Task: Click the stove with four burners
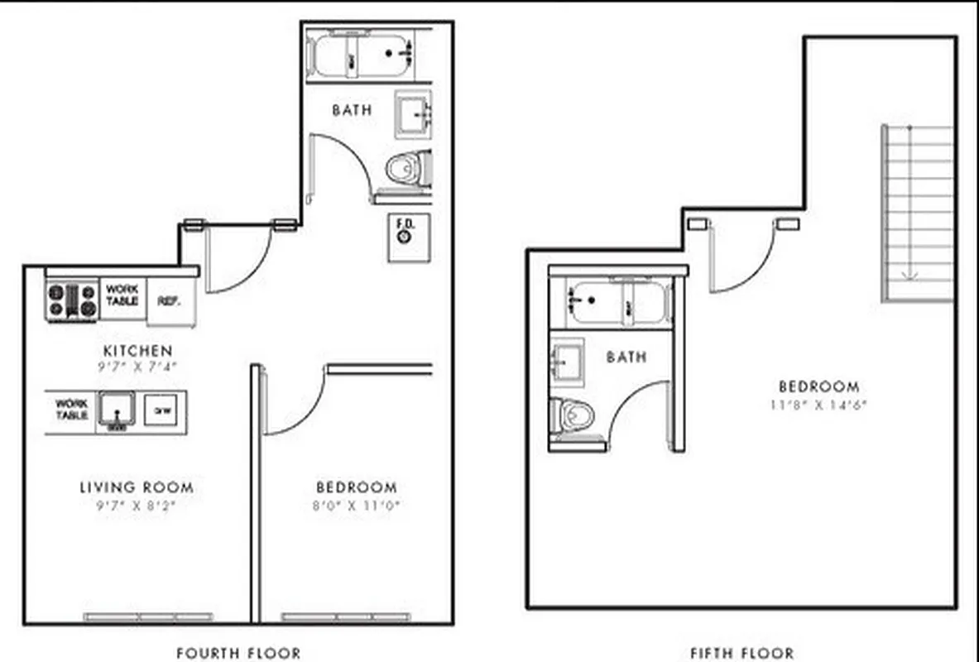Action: [72, 300]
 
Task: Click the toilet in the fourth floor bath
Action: [409, 168]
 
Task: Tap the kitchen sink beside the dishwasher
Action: [117, 410]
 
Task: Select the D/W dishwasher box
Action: [160, 410]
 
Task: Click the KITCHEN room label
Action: [137, 351]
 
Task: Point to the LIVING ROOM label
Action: [137, 487]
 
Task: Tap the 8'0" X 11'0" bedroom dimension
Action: [356, 506]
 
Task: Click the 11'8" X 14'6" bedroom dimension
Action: [818, 405]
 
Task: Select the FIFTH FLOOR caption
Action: [741, 654]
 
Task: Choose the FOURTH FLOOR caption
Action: [238, 654]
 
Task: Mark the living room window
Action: [148, 616]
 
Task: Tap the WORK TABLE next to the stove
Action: [122, 295]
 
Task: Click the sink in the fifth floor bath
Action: [568, 358]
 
